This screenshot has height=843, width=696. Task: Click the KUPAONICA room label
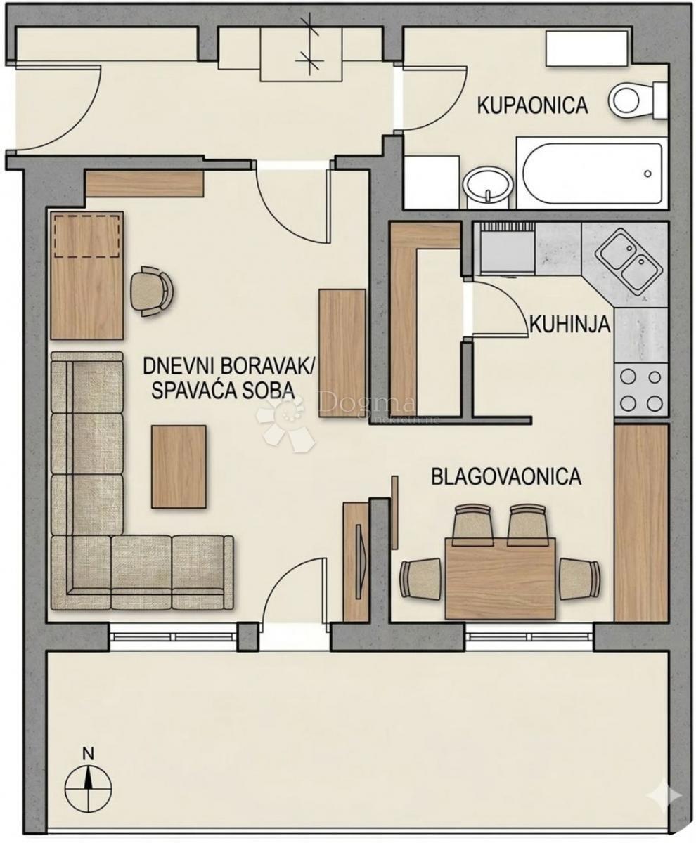(532, 106)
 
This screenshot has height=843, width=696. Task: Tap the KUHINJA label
(569, 325)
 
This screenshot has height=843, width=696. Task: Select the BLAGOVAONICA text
(506, 477)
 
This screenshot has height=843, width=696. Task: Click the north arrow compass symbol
(88, 782)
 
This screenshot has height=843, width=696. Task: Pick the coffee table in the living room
(179, 466)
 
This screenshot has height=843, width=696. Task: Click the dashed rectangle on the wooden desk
(87, 237)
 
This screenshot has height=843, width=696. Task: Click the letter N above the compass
(88, 754)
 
